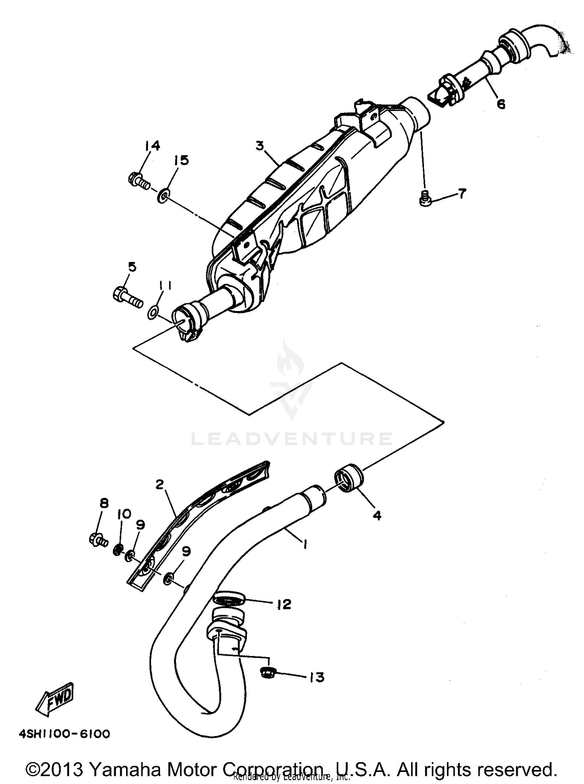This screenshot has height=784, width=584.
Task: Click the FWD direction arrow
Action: click(x=55, y=698)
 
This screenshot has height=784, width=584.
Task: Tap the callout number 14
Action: click(x=152, y=146)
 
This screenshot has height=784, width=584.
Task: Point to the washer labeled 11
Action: click(x=153, y=312)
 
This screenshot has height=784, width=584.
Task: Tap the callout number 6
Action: click(x=501, y=104)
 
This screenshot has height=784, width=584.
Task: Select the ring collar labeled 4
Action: click(x=348, y=478)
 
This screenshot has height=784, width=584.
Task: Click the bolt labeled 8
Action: click(x=98, y=540)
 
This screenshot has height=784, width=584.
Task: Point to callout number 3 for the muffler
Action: click(x=260, y=146)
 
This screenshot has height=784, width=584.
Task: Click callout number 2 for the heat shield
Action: click(x=159, y=485)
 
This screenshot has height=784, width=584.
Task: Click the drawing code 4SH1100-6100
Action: click(x=65, y=734)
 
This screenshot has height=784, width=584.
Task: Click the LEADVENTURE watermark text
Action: click(x=292, y=439)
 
